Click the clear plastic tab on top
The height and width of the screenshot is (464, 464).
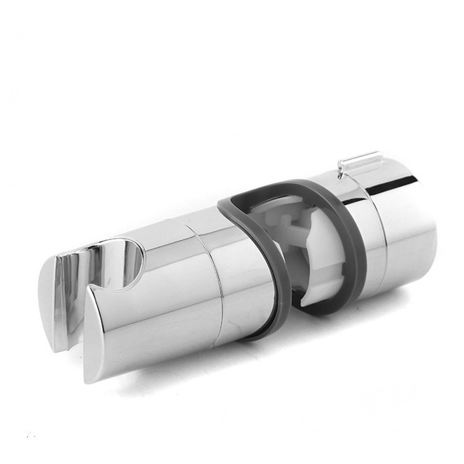tap(361, 161)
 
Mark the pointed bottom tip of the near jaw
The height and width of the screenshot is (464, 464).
tap(89, 377)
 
